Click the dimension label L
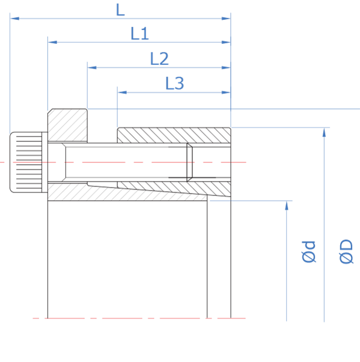click(x=120, y=10)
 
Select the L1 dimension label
click(x=139, y=34)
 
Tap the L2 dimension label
click(x=159, y=59)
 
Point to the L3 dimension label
click(x=175, y=84)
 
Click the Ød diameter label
click(x=309, y=252)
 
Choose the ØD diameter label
click(x=346, y=251)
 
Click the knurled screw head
click(x=26, y=162)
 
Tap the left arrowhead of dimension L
click(x=15, y=19)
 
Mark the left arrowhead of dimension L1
click(x=52, y=42)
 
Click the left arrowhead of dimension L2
click(x=92, y=67)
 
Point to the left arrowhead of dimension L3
click(x=122, y=93)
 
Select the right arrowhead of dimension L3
click(x=226, y=93)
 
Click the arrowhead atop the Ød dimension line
click(x=287, y=206)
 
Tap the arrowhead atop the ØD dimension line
click(x=324, y=132)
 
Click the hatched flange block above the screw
click(x=67, y=125)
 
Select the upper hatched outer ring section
click(x=174, y=135)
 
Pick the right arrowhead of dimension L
click(x=226, y=19)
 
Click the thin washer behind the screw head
click(x=44, y=162)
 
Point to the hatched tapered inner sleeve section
click(x=127, y=192)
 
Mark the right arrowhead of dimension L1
click(x=226, y=42)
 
